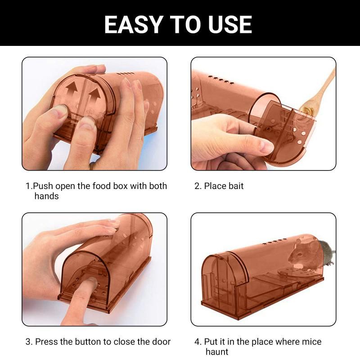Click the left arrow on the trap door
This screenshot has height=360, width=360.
(x=72, y=90)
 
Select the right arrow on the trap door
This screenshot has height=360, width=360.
(x=94, y=97)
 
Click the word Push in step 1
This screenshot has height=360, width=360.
(x=43, y=186)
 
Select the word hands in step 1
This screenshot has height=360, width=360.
(x=47, y=196)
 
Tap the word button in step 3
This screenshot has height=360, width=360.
(x=88, y=342)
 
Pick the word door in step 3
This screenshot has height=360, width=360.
(x=162, y=342)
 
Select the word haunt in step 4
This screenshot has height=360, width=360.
(x=217, y=352)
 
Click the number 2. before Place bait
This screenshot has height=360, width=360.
(x=198, y=186)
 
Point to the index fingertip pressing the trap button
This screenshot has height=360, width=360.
(x=92, y=281)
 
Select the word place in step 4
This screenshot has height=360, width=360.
(x=262, y=342)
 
